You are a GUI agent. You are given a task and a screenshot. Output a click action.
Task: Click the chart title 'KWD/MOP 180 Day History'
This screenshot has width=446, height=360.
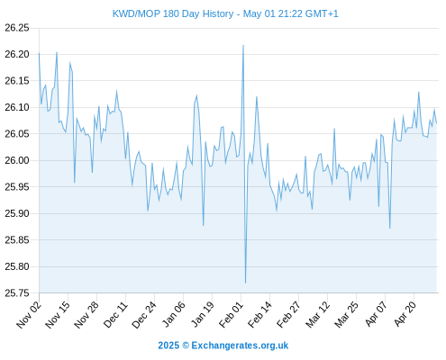[x=173, y=13]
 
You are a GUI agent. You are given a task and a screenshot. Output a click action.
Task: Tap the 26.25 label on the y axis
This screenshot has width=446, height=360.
[x=17, y=28]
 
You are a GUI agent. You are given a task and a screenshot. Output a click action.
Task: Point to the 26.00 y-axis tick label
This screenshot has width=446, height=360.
[x=17, y=160]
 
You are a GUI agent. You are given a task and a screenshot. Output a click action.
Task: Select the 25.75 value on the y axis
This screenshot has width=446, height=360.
[x=17, y=293]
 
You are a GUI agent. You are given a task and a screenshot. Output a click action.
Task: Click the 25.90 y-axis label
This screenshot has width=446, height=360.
[x=17, y=213]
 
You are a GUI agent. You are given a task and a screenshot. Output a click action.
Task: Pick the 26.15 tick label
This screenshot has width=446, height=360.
[x=17, y=81]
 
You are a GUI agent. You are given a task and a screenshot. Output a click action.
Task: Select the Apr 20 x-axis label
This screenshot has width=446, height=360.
[x=405, y=314]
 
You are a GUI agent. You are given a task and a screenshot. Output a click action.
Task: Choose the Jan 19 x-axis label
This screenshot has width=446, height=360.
[x=203, y=314]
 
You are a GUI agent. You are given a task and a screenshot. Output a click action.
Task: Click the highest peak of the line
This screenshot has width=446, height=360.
[x=243, y=45]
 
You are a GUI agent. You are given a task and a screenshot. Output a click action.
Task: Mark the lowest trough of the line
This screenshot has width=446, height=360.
[x=245, y=283]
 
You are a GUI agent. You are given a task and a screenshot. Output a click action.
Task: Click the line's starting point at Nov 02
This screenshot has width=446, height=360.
[x=39, y=53]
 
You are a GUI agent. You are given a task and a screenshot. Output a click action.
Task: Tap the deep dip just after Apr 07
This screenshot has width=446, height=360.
[x=389, y=229]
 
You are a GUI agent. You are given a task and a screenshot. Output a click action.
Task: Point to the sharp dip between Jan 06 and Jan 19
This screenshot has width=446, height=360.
[x=204, y=225]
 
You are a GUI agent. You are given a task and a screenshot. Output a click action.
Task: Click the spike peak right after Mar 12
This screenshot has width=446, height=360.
[x=334, y=129]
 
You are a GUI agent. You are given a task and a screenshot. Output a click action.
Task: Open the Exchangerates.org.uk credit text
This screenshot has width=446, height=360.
[x=240, y=346]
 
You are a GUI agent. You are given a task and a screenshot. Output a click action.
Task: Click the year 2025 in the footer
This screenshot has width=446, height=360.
[x=168, y=346]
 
